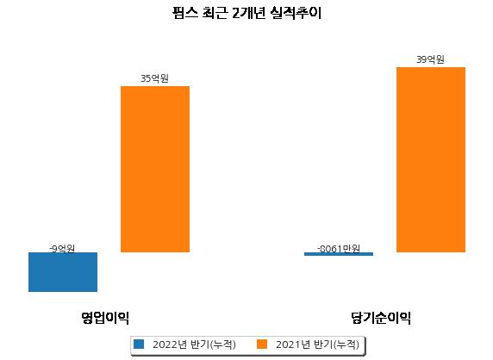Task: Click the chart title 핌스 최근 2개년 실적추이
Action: pos(246,13)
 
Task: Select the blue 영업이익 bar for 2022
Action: pos(63,272)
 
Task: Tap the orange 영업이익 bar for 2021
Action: pos(155,169)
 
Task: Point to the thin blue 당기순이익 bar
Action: pos(339,254)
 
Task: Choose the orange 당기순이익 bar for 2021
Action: pos(431,159)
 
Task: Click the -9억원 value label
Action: pos(62,249)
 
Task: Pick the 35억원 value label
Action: pos(154,78)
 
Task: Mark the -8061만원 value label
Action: pos(339,249)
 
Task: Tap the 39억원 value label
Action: pos(430,59)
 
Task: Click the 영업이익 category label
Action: pos(105,318)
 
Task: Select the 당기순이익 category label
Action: pos(381,318)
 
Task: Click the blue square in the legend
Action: pos(139,344)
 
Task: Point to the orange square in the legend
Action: pos(262,344)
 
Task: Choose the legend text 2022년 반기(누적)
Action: pos(194,344)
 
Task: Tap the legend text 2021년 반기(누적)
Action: pos(317,344)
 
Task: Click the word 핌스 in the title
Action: pos(185,13)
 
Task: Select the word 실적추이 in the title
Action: pos(296,13)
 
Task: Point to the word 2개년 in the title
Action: pos(248,13)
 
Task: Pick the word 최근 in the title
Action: pos(215,13)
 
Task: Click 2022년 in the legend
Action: pos(170,344)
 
